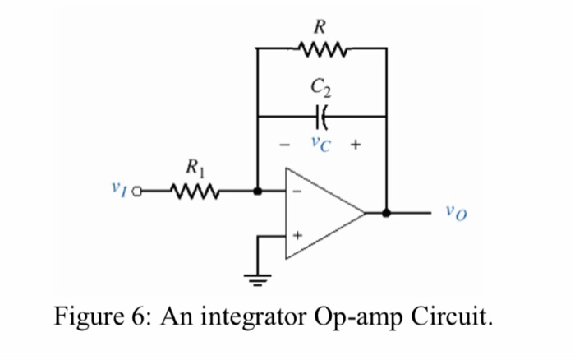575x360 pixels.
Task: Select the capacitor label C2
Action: (x=321, y=85)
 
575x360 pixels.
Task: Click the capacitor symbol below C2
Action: (x=322, y=116)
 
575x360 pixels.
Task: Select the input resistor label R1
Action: (x=195, y=172)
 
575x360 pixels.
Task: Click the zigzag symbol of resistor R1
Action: (x=194, y=193)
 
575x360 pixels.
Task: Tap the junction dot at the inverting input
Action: (x=257, y=193)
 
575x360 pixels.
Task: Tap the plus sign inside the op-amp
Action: (x=298, y=235)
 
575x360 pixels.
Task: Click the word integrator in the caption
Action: (x=247, y=316)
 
